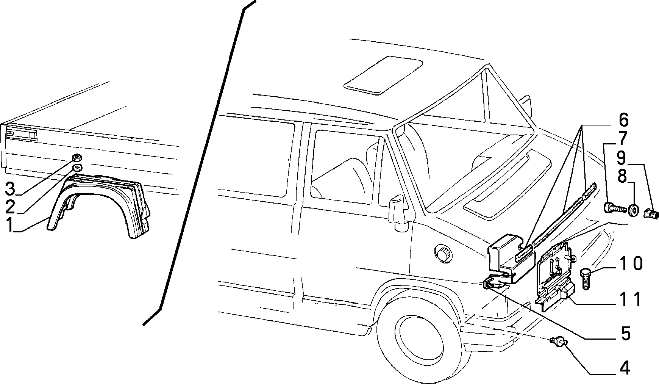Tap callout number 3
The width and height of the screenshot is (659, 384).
[x=11, y=189]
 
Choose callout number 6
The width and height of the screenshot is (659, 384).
[x=624, y=120]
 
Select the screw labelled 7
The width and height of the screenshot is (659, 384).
[x=614, y=208]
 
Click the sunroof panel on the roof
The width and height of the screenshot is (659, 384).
[x=383, y=75]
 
